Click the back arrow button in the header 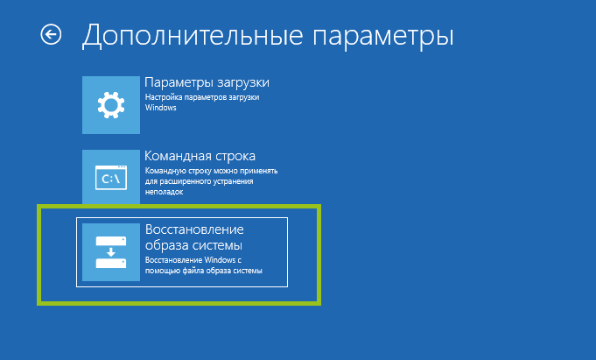click(x=51, y=35)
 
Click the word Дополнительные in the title click(x=193, y=35)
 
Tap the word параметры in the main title click(x=383, y=38)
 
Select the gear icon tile click(x=111, y=105)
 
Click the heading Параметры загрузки click(x=207, y=83)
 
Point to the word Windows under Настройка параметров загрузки click(x=161, y=108)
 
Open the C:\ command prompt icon click(x=111, y=177)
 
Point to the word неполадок click(x=164, y=192)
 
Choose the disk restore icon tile click(x=111, y=252)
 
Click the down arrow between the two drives click(x=111, y=252)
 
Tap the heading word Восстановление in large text click(x=194, y=229)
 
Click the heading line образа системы click(x=193, y=246)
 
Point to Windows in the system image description click(x=220, y=260)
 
